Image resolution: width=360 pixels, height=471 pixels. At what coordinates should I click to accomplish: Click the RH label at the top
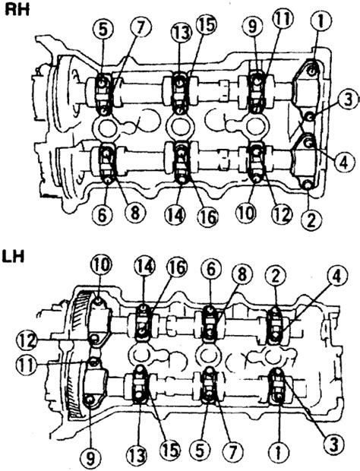click(17, 9)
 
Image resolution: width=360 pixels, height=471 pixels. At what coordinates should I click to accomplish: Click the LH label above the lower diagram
click(13, 257)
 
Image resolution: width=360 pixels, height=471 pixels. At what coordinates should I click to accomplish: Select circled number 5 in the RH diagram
click(103, 32)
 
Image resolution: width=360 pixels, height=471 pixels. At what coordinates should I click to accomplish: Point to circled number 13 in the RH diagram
click(181, 33)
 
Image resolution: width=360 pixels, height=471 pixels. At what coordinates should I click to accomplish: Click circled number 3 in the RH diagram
click(348, 100)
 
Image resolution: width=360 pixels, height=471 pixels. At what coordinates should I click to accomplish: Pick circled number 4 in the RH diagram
click(343, 163)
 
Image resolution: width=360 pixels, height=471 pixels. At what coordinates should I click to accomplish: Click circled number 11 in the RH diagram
click(283, 20)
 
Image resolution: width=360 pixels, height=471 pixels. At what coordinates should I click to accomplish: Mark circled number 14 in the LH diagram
click(145, 267)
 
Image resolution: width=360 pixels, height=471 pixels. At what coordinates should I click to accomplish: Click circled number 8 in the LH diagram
click(242, 274)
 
